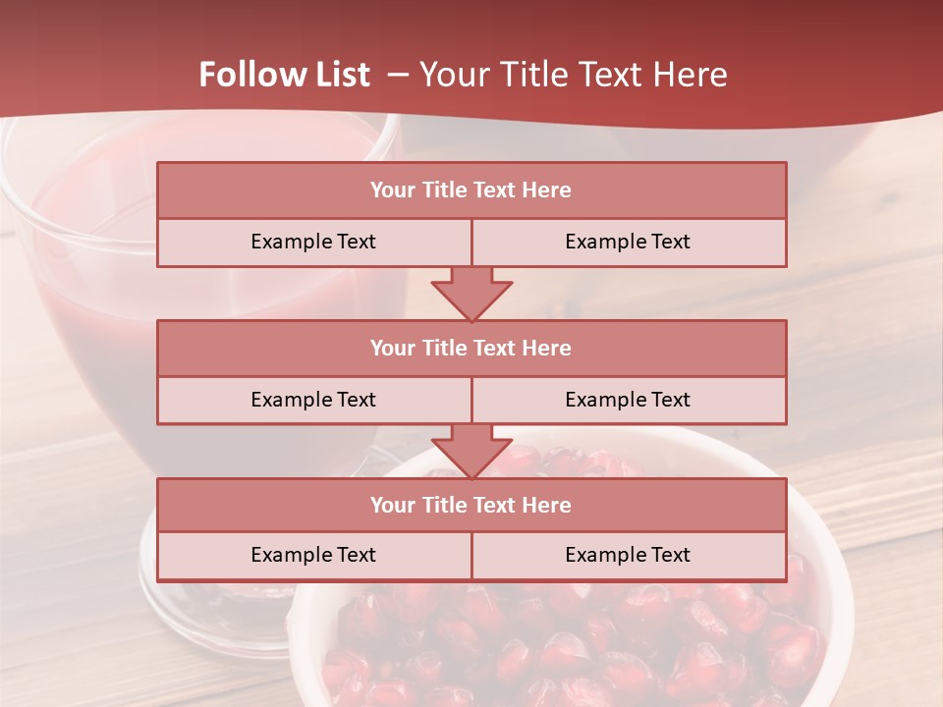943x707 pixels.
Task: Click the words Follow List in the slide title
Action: coord(285,75)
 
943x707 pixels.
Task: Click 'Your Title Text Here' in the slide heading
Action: coord(573,75)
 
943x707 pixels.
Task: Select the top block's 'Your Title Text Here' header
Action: coord(471,190)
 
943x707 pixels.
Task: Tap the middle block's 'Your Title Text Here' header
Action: coord(471,348)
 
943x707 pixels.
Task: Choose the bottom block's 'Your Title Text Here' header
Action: coord(471,505)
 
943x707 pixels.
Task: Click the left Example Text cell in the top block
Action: coord(313,243)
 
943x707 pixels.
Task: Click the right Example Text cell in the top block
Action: coord(628,243)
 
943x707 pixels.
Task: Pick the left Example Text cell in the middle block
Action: coord(313,400)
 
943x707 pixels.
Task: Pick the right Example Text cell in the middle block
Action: coord(628,400)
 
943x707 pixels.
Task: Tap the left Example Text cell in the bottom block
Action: coord(313,556)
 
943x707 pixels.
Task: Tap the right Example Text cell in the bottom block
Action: coord(628,556)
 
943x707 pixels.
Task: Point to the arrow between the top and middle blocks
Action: coord(471,294)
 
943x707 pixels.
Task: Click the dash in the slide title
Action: coord(397,75)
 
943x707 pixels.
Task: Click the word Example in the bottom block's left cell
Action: coord(292,556)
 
